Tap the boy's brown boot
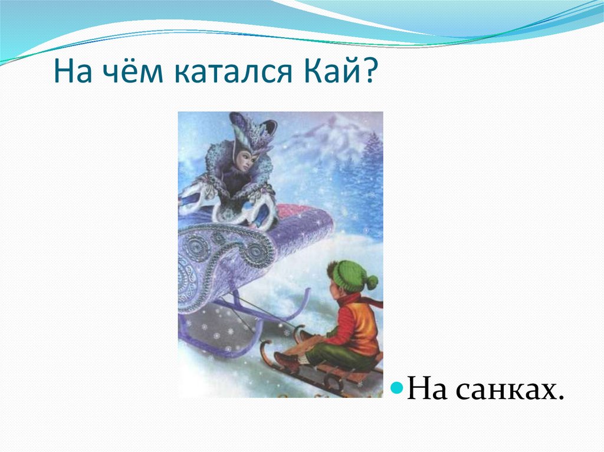[287, 361]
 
